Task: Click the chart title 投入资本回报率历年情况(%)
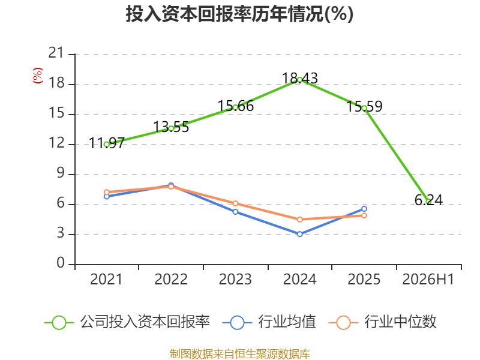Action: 239,14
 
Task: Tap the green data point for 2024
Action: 299,80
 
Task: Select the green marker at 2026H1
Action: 428,202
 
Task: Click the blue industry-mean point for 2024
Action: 299,234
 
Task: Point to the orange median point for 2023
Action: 235,203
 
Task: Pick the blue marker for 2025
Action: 364,209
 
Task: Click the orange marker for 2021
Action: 107,192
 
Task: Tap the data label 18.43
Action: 299,78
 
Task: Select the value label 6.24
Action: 428,200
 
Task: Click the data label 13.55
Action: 171,127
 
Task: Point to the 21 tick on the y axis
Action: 56,53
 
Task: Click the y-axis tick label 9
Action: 61,173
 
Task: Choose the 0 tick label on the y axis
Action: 61,263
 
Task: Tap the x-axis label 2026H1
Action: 428,279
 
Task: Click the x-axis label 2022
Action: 171,279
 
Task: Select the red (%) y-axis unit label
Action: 38,76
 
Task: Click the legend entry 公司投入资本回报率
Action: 127,322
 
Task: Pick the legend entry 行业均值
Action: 269,322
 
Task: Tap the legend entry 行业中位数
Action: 382,322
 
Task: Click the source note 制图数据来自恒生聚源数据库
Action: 240,354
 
